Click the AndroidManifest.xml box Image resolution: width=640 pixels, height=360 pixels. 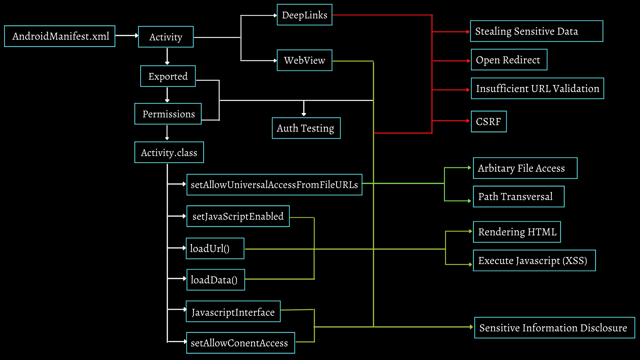click(60, 36)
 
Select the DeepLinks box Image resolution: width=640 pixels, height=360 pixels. click(304, 15)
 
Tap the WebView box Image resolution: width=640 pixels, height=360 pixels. click(304, 60)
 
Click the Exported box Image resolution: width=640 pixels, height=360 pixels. click(168, 76)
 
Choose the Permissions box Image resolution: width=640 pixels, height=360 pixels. click(168, 114)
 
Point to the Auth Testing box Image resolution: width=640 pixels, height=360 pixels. click(306, 128)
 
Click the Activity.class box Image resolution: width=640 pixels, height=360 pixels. click(169, 153)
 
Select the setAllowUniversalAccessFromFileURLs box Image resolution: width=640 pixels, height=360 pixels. click(274, 185)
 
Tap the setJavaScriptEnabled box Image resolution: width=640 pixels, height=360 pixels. click(238, 216)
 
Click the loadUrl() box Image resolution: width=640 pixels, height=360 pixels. click(215, 249)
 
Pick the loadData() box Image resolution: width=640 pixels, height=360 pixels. click(216, 280)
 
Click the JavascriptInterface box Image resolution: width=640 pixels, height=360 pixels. click(233, 312)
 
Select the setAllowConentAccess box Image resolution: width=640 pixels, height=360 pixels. click(240, 343)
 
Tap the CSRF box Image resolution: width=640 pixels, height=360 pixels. click(489, 122)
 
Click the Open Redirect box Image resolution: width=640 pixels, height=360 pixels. click(509, 60)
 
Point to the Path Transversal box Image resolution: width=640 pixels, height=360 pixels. click(519, 197)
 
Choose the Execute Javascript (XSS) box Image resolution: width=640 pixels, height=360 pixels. click(534, 261)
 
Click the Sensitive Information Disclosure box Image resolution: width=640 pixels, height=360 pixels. click(554, 328)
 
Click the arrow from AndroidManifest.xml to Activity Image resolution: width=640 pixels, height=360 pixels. click(127, 35)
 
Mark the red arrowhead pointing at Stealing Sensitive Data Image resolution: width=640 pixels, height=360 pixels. click(468, 32)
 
